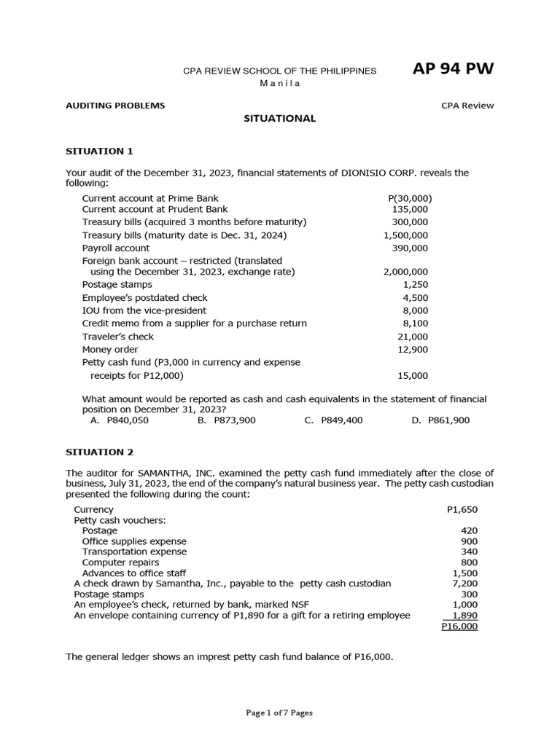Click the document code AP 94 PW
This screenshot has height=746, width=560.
tap(453, 69)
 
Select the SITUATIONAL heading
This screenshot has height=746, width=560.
tap(279, 118)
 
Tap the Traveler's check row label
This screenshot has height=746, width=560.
tap(118, 337)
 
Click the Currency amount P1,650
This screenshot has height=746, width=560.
tap(462, 509)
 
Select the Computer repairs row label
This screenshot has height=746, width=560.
tap(120, 562)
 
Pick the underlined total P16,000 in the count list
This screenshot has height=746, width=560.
tap(459, 626)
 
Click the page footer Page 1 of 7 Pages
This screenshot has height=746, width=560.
tap(279, 712)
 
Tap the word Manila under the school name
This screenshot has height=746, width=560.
tap(280, 83)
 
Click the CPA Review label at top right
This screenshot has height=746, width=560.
tap(467, 106)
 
